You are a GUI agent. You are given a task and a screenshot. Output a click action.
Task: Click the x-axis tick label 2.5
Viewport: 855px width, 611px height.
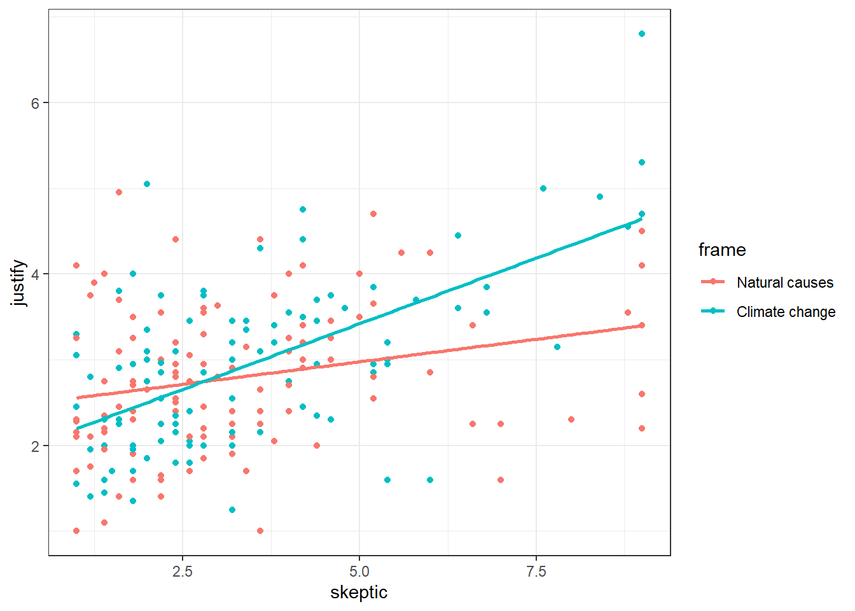(x=183, y=571)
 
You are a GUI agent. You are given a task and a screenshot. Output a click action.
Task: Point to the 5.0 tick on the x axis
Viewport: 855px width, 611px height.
(x=359, y=571)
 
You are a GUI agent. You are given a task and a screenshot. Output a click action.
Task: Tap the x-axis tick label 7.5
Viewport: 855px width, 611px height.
(x=536, y=571)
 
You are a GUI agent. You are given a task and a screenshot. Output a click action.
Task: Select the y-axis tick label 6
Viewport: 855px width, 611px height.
(x=36, y=103)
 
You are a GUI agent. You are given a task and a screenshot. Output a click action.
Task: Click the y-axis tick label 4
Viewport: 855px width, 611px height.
(x=36, y=274)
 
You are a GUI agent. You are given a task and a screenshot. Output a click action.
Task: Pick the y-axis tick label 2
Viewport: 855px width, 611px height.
(x=36, y=446)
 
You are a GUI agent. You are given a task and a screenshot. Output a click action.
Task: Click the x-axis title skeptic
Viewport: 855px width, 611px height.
(x=359, y=593)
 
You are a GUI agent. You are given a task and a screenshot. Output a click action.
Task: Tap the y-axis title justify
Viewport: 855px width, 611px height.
(x=18, y=283)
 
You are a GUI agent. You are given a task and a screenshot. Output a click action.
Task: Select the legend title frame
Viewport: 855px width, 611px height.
(x=722, y=250)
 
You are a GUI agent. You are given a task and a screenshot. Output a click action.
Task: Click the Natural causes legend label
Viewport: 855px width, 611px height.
(x=785, y=283)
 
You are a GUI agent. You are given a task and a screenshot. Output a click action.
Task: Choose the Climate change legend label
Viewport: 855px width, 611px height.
(x=786, y=312)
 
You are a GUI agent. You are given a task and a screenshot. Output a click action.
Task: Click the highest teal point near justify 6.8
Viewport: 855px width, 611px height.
(x=642, y=34)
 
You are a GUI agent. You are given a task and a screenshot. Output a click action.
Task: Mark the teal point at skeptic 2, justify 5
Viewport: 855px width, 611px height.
(x=147, y=184)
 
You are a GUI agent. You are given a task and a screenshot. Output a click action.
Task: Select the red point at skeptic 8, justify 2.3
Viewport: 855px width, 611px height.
(x=571, y=419)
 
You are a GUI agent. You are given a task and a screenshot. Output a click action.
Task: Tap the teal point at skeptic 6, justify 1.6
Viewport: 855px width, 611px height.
(x=430, y=480)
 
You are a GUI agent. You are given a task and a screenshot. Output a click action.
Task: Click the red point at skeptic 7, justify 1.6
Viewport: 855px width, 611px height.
(x=501, y=480)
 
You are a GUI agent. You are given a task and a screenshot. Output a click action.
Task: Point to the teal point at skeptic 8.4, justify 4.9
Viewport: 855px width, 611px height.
(x=600, y=197)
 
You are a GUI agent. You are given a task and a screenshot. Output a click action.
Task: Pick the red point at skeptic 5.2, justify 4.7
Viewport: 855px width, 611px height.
(x=373, y=214)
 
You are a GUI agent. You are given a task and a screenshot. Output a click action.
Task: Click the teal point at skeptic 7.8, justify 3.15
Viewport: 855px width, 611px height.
(x=557, y=347)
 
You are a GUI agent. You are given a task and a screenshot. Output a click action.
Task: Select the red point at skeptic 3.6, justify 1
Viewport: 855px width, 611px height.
(x=260, y=531)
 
